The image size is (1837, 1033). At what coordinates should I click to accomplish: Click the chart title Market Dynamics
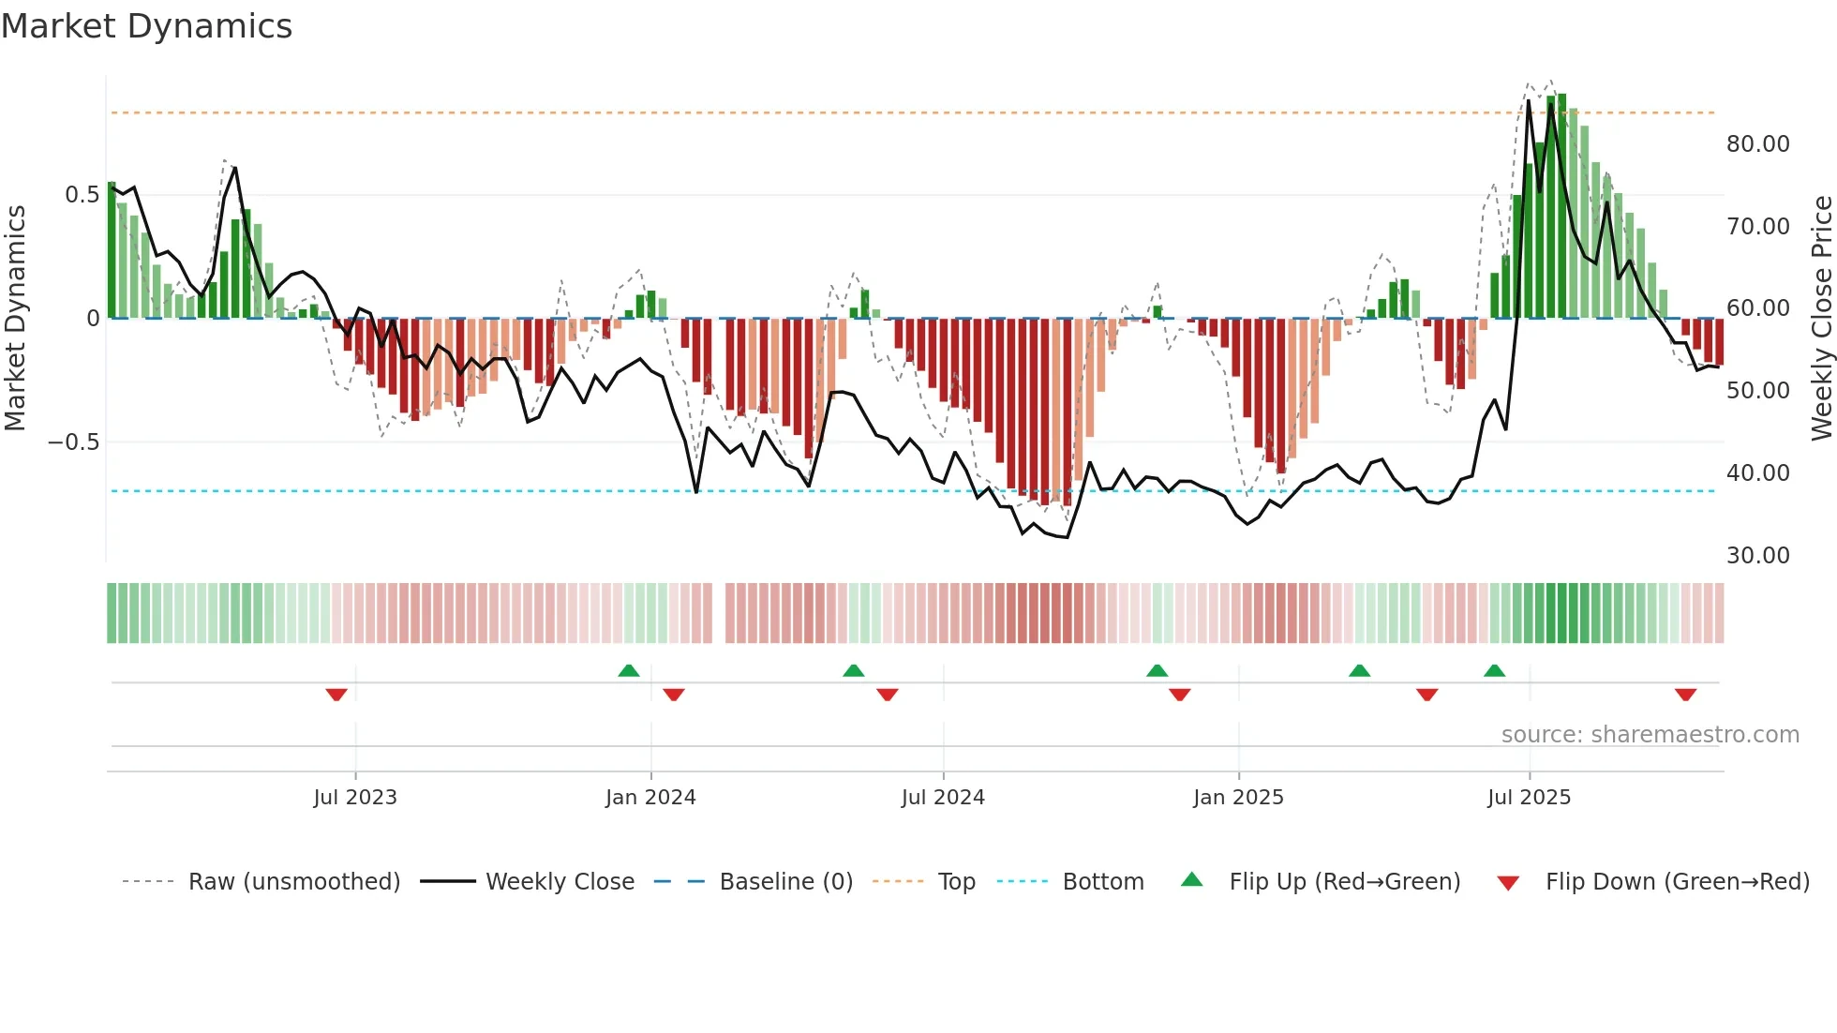pos(146,26)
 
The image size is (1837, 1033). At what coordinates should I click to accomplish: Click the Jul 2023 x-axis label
pos(355,798)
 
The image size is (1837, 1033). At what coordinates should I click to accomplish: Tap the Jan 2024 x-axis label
pos(650,798)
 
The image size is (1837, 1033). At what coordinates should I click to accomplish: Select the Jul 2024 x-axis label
pos(943,798)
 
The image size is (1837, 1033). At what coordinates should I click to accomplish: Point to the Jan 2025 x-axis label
pos(1238,798)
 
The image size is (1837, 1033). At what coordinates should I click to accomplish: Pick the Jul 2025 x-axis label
pos(1529,798)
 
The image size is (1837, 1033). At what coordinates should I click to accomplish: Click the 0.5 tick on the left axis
pos(82,195)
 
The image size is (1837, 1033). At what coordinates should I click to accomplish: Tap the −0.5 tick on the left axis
pos(74,442)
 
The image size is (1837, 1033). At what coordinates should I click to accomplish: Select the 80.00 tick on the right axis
pos(1757,144)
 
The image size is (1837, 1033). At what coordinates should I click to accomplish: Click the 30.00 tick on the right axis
pos(1757,556)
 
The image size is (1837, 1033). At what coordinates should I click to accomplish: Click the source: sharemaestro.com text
pos(1650,735)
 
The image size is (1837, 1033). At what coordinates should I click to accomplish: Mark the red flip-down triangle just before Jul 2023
pos(336,695)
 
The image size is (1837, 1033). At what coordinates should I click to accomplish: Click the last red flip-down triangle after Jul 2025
pos(1685,695)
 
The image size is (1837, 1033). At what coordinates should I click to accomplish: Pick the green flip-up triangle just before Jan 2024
pos(629,671)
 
